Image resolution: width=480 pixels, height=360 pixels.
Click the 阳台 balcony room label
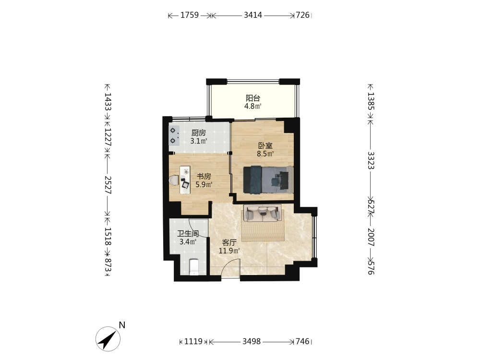tap(253, 98)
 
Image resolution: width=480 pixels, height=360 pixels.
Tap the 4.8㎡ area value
tap(252, 107)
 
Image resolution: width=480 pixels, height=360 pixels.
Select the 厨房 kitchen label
tap(199, 133)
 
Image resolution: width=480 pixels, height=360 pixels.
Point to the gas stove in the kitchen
tap(174, 136)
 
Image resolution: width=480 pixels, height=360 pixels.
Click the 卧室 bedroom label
tap(265, 146)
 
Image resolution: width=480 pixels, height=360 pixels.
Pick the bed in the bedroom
tap(268, 180)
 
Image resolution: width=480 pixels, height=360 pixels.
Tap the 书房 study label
tap(204, 176)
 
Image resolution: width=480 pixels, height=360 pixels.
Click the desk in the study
tap(185, 180)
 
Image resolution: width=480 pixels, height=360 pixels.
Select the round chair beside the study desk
tap(174, 180)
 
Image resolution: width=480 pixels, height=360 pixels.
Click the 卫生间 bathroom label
tap(188, 234)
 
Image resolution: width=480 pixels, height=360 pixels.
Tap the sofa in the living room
tap(263, 213)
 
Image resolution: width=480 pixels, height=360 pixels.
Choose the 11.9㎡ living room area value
tap(229, 251)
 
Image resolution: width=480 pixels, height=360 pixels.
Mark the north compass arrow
tap(108, 339)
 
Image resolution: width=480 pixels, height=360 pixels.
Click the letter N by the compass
tap(122, 325)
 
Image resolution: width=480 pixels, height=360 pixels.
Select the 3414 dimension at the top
tap(253, 15)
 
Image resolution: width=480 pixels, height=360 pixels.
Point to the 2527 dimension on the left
tap(108, 185)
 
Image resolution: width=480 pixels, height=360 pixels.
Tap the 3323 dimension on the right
tap(371, 160)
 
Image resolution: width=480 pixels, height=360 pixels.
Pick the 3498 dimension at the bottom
tap(252, 341)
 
